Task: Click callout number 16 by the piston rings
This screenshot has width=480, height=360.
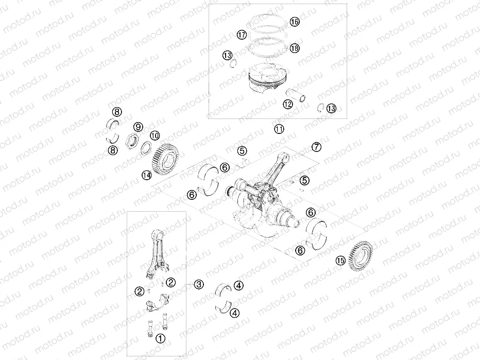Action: coord(294,22)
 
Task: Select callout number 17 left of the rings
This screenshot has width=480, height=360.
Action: coord(242,35)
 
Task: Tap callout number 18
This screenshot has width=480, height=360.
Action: coord(294,48)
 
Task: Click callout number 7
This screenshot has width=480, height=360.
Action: coord(316,147)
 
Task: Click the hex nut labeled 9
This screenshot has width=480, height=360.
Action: coord(132,140)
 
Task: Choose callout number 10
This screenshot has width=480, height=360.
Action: coord(154,135)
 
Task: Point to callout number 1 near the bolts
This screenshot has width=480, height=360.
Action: coord(161,338)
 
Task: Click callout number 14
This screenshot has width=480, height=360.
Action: coord(147,176)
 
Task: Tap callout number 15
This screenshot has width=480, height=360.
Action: coord(339,260)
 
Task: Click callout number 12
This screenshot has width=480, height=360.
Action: coord(287,104)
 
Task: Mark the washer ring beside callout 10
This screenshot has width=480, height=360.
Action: coord(146,149)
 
